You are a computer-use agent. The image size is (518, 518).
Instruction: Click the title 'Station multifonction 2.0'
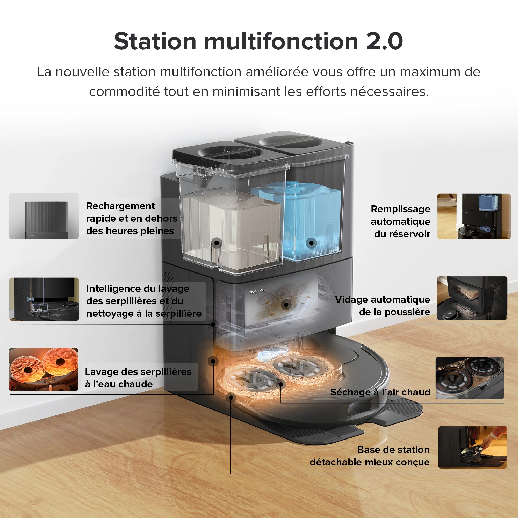coord(258,41)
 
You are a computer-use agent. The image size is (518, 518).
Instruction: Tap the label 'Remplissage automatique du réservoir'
coord(400,221)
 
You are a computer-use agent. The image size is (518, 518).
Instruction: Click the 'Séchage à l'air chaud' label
coord(380,392)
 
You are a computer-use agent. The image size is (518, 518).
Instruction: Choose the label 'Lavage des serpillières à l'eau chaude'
coord(138,378)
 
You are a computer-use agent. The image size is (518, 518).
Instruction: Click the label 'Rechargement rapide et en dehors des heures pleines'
coord(131,218)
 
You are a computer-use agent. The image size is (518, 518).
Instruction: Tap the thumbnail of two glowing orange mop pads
coord(44,369)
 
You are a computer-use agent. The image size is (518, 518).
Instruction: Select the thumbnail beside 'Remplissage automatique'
coord(474,216)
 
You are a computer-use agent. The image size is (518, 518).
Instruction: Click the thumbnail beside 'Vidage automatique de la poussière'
coord(472,298)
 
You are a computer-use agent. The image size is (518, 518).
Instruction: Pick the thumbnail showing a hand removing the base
coord(472,447)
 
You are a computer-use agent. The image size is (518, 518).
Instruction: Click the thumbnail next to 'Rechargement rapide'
coord(44,216)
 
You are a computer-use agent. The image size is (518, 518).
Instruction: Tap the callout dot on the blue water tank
coord(311,243)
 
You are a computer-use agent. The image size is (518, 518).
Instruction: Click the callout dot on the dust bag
coord(286,305)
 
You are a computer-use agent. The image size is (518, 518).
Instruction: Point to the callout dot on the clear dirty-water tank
coord(217,243)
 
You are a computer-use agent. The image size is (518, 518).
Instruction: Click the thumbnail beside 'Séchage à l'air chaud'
coord(470,378)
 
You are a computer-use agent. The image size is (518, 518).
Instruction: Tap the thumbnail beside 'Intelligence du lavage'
coord(44,299)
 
